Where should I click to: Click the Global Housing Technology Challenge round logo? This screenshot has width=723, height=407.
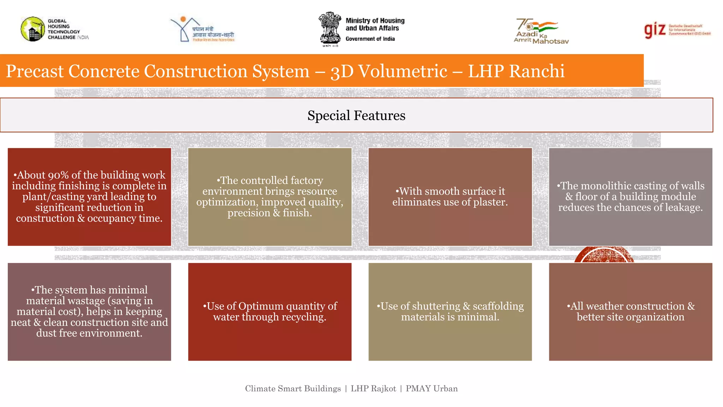tap(32, 29)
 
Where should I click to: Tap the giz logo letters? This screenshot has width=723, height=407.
tap(655, 30)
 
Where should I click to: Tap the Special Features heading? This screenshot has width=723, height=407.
tap(356, 116)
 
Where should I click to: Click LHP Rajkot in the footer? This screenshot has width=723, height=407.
tap(373, 389)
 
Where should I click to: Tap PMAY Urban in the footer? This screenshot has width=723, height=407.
tap(431, 389)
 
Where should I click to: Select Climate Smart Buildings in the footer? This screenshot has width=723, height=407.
tap(293, 389)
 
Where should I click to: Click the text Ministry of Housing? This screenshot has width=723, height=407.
tap(375, 21)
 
